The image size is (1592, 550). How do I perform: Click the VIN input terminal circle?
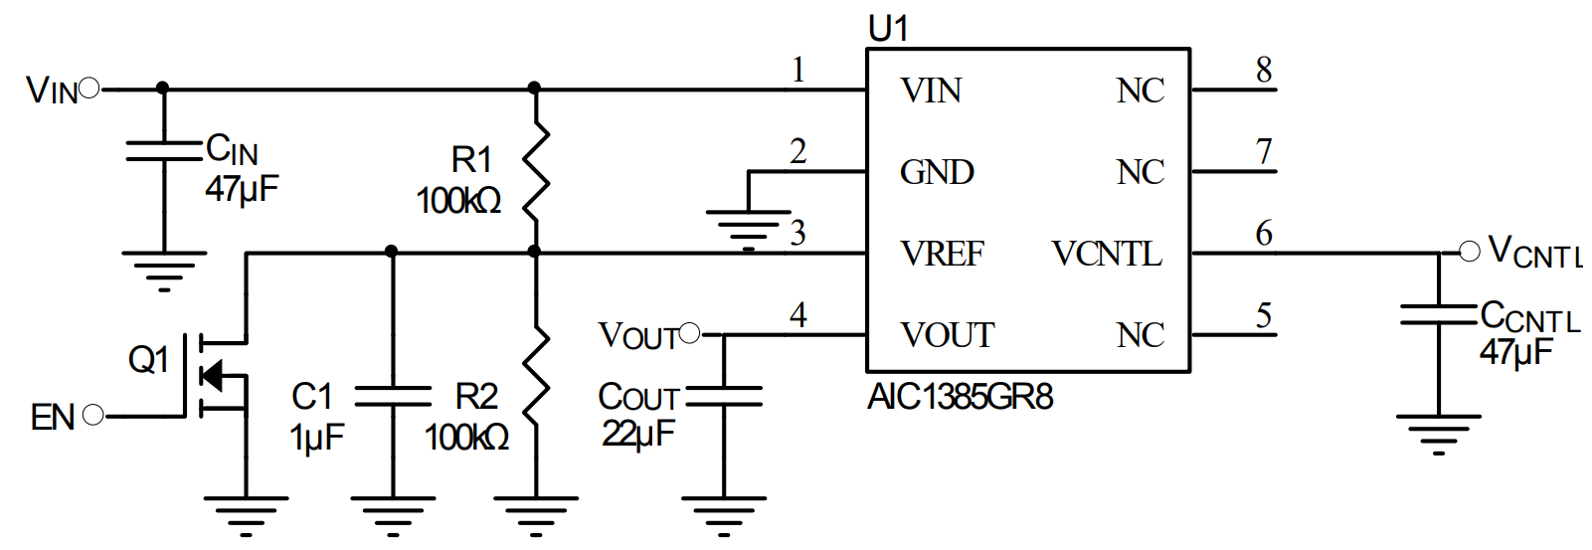coord(89,90)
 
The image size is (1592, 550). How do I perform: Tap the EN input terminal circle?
coord(93,416)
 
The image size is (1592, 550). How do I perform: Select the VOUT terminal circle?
coord(689,333)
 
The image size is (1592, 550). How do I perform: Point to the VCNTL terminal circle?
coord(1469,253)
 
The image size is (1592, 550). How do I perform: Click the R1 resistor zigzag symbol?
coord(536,170)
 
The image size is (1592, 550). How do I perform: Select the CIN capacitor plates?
coord(164,150)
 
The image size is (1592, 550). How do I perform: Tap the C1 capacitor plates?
coord(393,397)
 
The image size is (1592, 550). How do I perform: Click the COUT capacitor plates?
coord(724,397)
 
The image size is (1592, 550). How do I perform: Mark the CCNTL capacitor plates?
coord(1439,315)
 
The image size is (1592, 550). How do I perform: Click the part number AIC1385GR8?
coord(960,398)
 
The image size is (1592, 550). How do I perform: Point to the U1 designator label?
coord(888,29)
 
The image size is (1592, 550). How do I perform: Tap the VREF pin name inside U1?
coord(942,255)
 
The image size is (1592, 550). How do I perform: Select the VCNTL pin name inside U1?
coord(1107,255)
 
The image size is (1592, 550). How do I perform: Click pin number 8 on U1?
coord(1264,70)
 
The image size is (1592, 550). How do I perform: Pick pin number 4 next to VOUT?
coord(798,315)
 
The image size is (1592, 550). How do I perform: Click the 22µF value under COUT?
coord(637,434)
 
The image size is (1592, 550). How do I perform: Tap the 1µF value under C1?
coord(316,437)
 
